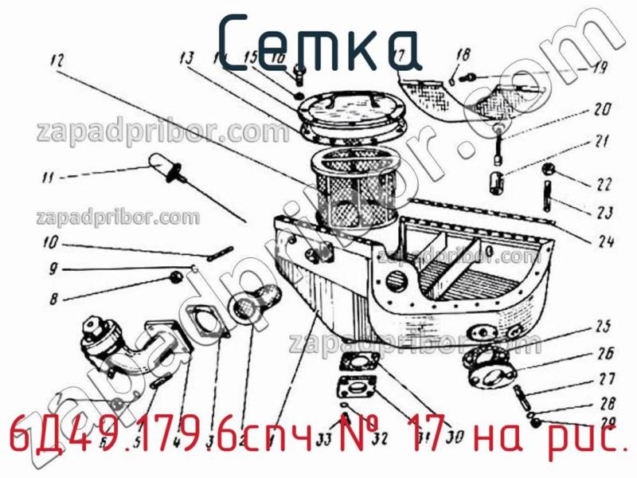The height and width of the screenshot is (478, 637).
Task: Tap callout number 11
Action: coord(49,176)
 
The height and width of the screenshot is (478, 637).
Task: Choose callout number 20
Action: coord(601,110)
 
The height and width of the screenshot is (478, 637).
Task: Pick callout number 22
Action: coord(603,184)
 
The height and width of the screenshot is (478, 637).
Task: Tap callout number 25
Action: coord(603,325)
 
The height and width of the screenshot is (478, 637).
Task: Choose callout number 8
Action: coord(53,300)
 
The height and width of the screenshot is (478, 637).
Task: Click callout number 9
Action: coord(53,269)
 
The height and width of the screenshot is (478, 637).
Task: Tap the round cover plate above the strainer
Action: coord(350,112)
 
